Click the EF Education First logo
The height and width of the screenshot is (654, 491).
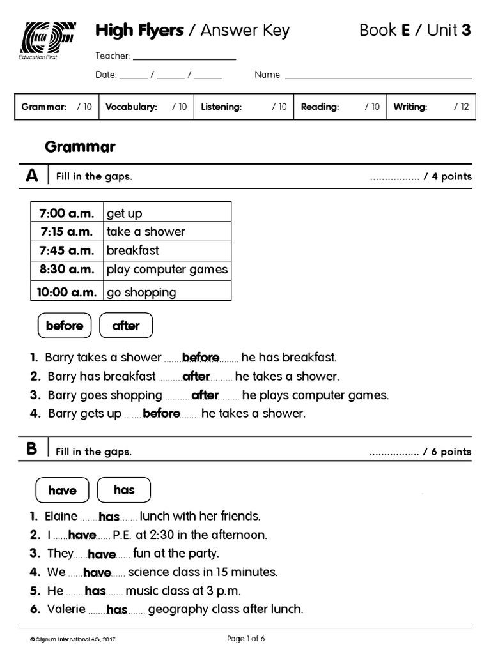click(x=48, y=42)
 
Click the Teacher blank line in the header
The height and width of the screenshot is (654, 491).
click(x=184, y=57)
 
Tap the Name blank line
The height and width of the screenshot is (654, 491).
click(x=378, y=76)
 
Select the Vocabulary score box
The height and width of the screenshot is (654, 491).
click(x=146, y=107)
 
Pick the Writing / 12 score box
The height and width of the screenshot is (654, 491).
click(x=432, y=107)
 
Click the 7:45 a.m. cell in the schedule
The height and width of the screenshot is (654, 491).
click(x=67, y=250)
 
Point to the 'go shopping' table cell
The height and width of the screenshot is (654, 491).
click(x=167, y=292)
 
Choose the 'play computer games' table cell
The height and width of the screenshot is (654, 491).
click(x=167, y=270)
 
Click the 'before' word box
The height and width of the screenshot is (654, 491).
click(x=65, y=326)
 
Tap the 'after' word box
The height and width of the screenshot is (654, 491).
click(x=126, y=326)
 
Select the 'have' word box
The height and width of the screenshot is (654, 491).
click(x=62, y=490)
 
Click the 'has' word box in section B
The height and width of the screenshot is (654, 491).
click(x=124, y=490)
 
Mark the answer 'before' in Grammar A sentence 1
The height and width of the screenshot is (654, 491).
click(x=201, y=358)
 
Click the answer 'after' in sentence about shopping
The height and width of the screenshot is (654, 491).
click(x=205, y=395)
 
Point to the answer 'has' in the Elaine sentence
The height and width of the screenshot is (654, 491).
click(x=109, y=517)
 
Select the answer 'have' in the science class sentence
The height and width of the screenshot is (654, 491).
click(x=97, y=573)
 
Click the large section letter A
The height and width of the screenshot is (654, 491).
click(x=32, y=176)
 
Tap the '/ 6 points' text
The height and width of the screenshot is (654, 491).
click(x=447, y=452)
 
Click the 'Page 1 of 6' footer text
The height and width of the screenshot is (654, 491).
click(x=245, y=638)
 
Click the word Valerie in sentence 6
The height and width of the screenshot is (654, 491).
click(x=66, y=609)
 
